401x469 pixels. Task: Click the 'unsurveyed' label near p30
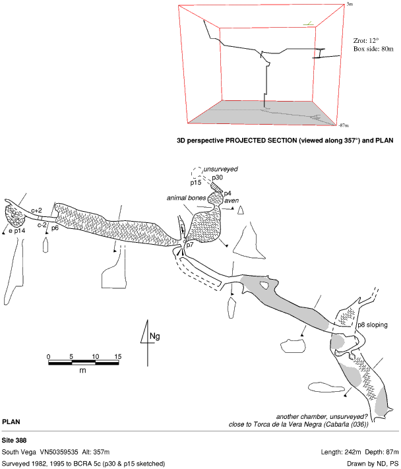click(220, 170)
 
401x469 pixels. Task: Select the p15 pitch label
click(197, 183)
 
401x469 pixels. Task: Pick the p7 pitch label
click(189, 245)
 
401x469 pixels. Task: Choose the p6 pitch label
click(55, 228)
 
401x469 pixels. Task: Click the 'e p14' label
click(17, 232)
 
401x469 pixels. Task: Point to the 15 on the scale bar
click(118, 357)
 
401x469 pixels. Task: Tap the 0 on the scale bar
click(49, 357)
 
